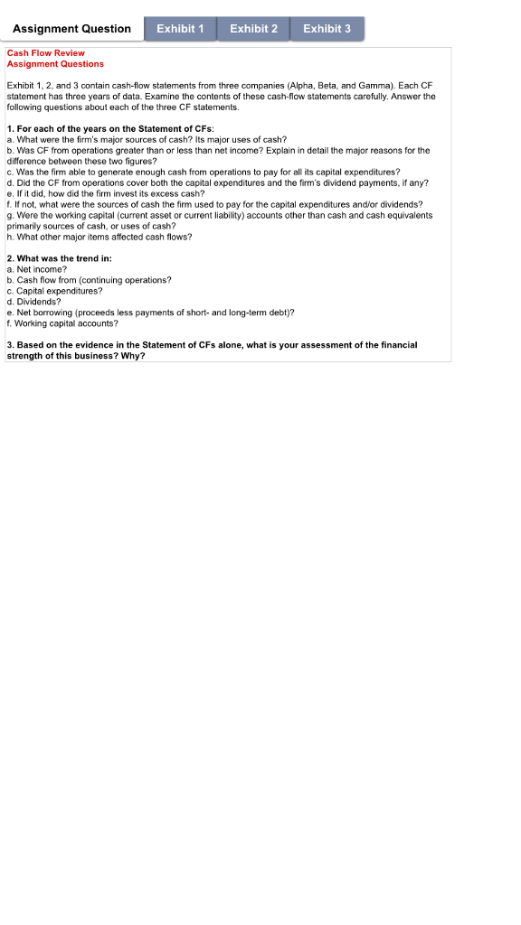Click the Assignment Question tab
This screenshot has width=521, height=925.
(x=72, y=29)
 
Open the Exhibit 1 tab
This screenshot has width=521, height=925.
(x=180, y=29)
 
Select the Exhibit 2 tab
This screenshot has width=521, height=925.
(x=253, y=29)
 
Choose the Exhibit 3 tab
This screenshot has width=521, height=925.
(x=327, y=29)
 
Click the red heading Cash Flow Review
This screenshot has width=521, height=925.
(x=46, y=53)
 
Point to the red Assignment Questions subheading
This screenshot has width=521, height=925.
(x=55, y=64)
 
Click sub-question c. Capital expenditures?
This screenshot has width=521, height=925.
(x=54, y=291)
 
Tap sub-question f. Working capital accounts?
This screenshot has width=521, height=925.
(x=62, y=322)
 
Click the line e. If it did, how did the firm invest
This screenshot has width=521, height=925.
(x=106, y=193)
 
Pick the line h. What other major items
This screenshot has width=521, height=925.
(x=99, y=237)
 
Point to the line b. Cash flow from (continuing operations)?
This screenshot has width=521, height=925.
(x=89, y=280)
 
